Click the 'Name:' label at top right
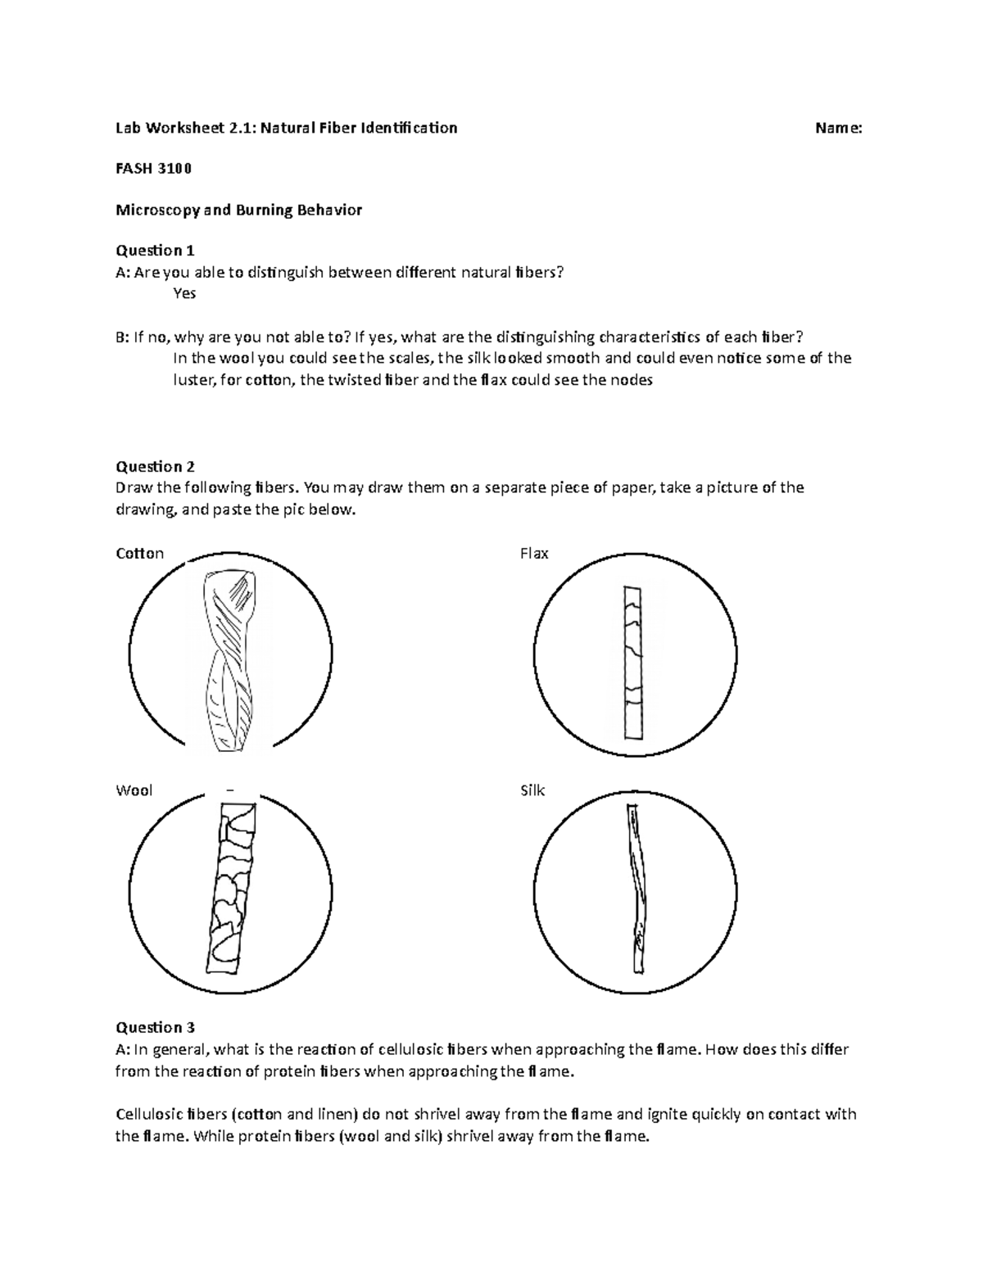[x=837, y=128]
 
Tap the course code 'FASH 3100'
[x=153, y=169]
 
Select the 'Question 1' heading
[x=155, y=251]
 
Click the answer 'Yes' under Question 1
[x=184, y=293]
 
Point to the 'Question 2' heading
[x=155, y=467]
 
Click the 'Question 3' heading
[x=155, y=1027]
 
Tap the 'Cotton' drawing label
[x=140, y=554]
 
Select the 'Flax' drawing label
[x=534, y=554]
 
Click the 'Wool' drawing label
[x=134, y=791]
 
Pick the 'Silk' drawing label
[x=532, y=791]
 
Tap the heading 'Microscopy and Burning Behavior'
[x=238, y=210]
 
